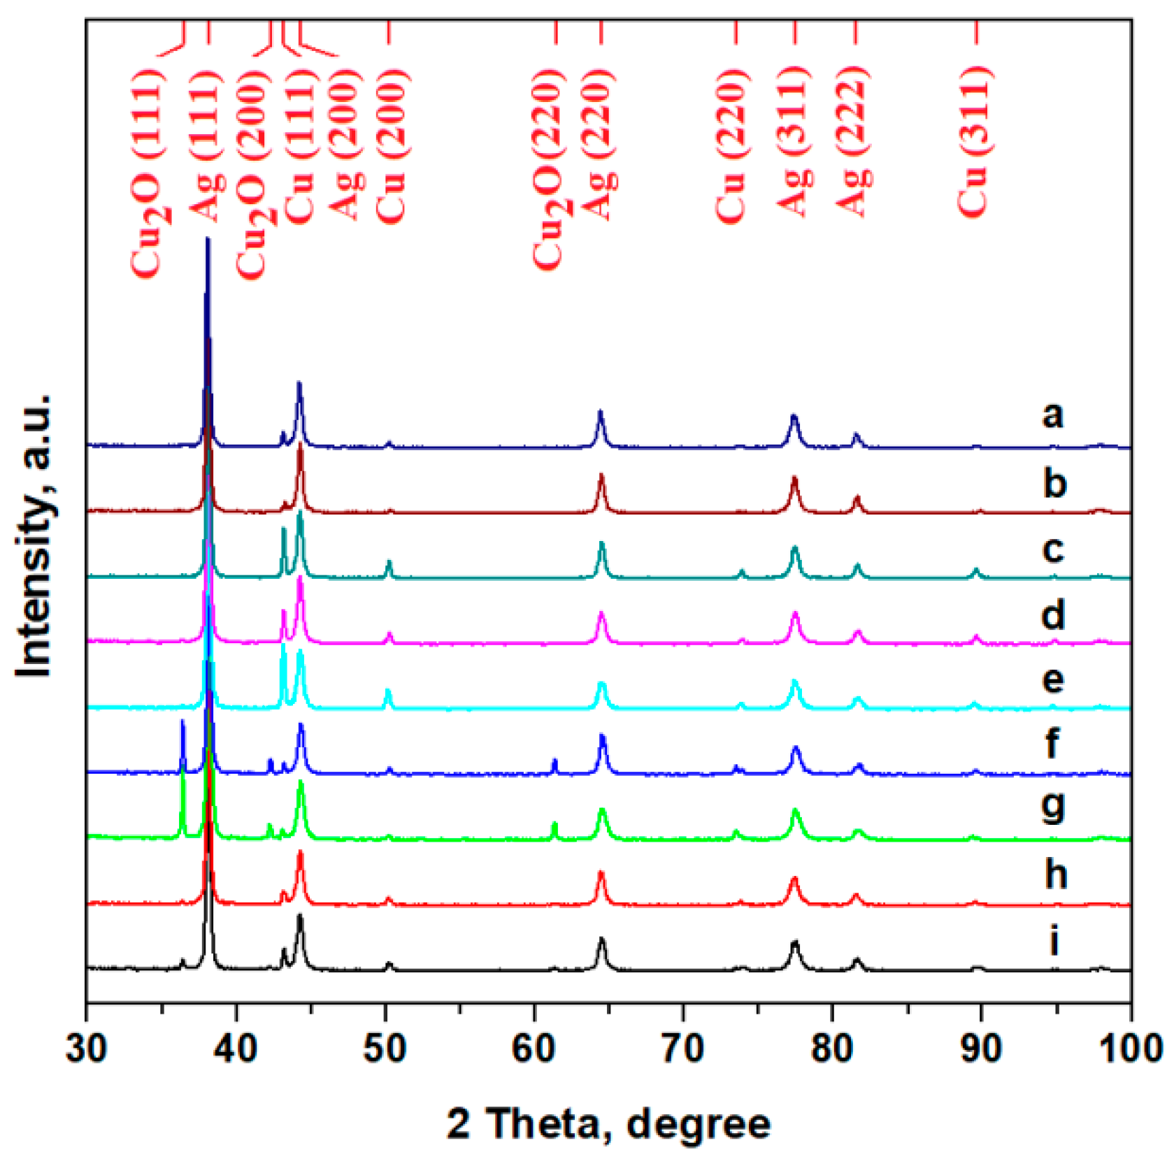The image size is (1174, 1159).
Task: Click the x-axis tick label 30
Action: pyautogui.click(x=86, y=1049)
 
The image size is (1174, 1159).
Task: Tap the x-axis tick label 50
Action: pyautogui.click(x=385, y=1049)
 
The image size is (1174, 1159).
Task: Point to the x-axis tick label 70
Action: pyautogui.click(x=683, y=1049)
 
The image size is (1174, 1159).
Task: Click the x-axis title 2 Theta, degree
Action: pyautogui.click(x=608, y=1123)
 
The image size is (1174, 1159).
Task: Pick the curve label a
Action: pyautogui.click(x=1052, y=415)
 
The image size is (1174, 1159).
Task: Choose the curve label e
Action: pyautogui.click(x=1052, y=679)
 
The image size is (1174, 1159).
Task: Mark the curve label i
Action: pyautogui.click(x=1054, y=940)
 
